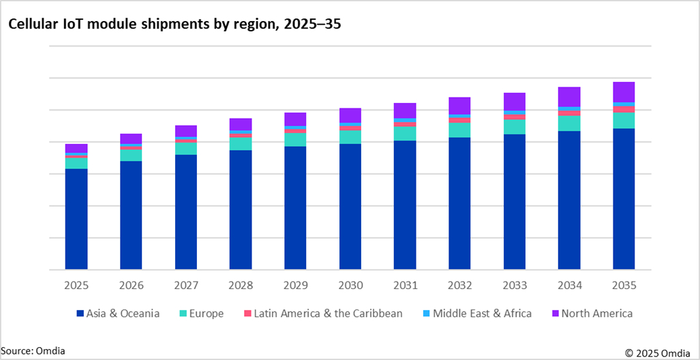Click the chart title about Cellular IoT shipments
click(x=174, y=25)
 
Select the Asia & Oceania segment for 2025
click(x=76, y=219)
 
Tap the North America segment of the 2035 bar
click(x=624, y=92)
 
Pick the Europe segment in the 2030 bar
click(x=350, y=137)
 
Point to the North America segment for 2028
click(x=241, y=124)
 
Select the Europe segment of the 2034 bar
click(x=569, y=123)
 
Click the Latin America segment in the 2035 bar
click(x=624, y=109)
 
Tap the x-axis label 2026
click(x=131, y=285)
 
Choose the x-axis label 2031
click(x=405, y=285)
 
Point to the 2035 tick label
click(x=624, y=285)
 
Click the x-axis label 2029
click(x=295, y=285)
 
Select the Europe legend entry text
click(x=207, y=314)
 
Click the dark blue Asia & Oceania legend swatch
click(x=80, y=314)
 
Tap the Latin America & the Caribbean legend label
click(x=328, y=314)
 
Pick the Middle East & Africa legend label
click(x=482, y=314)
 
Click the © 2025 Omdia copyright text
click(x=660, y=352)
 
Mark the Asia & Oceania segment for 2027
click(x=185, y=212)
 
